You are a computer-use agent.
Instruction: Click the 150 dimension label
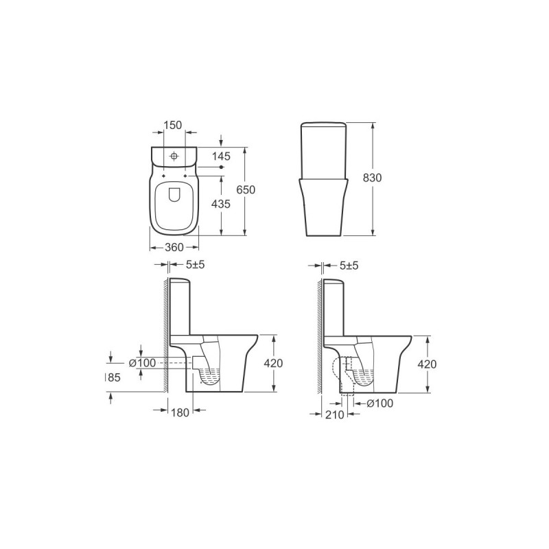[x=173, y=125]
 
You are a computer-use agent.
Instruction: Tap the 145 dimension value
[x=221, y=156]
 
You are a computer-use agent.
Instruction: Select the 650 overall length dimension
[x=246, y=190]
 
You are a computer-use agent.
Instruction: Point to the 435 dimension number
[x=221, y=203]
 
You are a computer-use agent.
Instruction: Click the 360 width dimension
[x=174, y=247]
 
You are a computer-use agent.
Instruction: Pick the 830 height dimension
[x=372, y=178]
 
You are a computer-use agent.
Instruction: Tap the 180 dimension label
[x=180, y=412]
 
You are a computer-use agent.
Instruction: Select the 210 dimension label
[x=335, y=414]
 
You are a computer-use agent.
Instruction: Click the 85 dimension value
[x=113, y=377]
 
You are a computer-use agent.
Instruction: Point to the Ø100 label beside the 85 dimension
[x=143, y=363]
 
